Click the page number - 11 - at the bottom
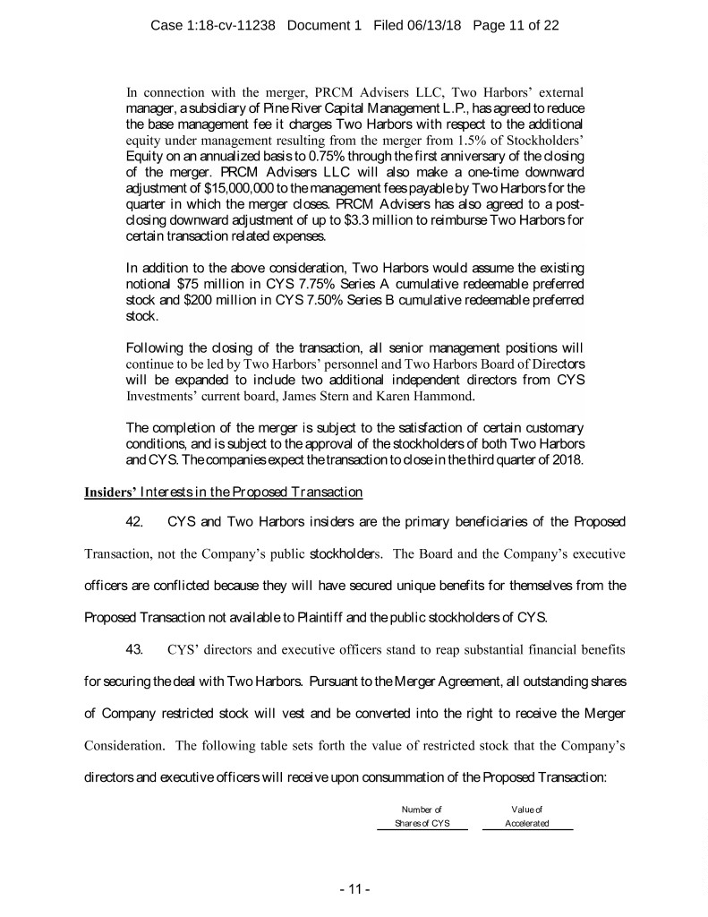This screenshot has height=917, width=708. tap(354, 890)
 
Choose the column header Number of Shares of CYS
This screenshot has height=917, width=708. tap(422, 817)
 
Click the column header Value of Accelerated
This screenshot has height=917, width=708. tap(527, 817)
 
